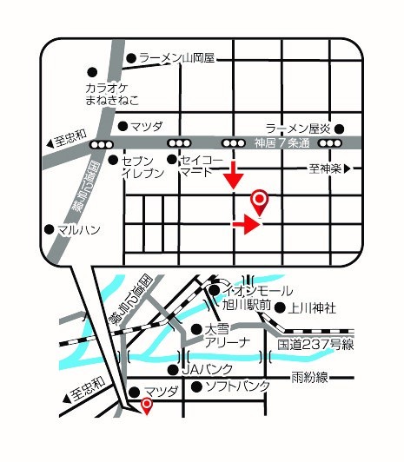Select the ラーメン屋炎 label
coord(298,127)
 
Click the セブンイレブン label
coord(138,168)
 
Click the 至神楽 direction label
coord(326,168)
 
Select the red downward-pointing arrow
coord(233,179)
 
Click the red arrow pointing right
coord(247,226)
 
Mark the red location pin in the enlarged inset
coord(259,202)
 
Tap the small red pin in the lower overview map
coord(147,406)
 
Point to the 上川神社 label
coord(312,306)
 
